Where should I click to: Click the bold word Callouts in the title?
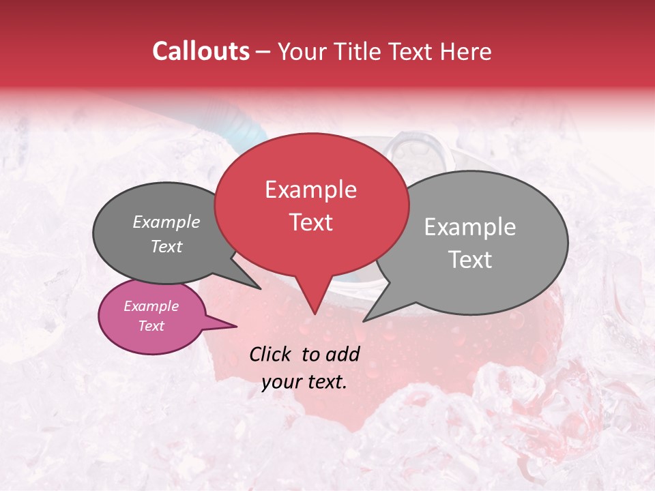click(x=201, y=51)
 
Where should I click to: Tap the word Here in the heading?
click(x=465, y=51)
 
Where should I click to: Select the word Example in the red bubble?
click(x=310, y=190)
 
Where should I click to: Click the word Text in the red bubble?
click(x=310, y=222)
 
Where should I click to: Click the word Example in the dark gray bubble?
click(x=166, y=222)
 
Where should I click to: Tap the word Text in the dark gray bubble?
click(x=166, y=246)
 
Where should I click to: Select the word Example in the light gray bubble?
click(x=470, y=227)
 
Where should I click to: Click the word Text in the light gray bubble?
click(x=470, y=260)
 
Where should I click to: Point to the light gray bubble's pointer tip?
click(x=364, y=321)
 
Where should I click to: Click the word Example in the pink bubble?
click(x=151, y=306)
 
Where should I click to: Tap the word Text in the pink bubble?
click(x=151, y=326)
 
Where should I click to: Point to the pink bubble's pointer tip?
click(x=236, y=326)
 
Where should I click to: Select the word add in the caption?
click(x=343, y=354)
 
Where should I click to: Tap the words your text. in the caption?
click(x=304, y=382)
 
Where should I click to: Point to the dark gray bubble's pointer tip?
click(x=261, y=288)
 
